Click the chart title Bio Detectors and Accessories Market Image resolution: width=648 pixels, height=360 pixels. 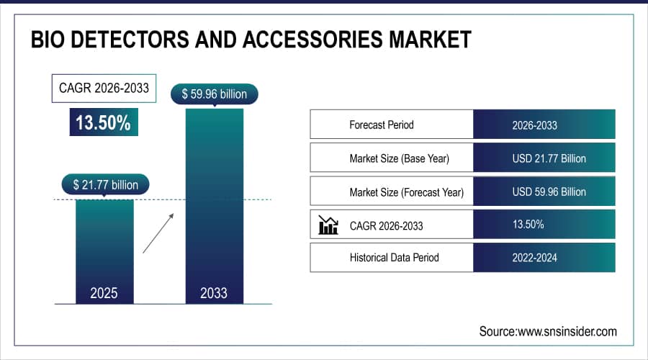tap(251, 40)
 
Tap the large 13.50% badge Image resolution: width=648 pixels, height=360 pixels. tap(103, 122)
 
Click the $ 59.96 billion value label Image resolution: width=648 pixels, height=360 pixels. tap(214, 94)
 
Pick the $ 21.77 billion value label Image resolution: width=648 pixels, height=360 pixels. tap(105, 185)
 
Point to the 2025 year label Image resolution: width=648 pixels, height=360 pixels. tap(104, 293)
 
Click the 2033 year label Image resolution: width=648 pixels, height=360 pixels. tap(214, 293)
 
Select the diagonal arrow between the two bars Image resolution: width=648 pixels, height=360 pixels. tap(158, 233)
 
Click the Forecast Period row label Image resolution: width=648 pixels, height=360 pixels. tap(382, 125)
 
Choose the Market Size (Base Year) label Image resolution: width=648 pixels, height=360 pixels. tap(403, 158)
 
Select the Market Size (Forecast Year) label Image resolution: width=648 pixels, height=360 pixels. tap(406, 192)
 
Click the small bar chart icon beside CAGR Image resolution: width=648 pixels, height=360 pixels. tap(328, 225)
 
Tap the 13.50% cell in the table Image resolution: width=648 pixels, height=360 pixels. tap(528, 225)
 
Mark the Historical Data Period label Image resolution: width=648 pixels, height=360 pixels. tap(394, 257)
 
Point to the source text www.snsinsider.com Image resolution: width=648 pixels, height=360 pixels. tap(548, 331)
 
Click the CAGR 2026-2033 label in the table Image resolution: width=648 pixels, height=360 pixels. tap(386, 226)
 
